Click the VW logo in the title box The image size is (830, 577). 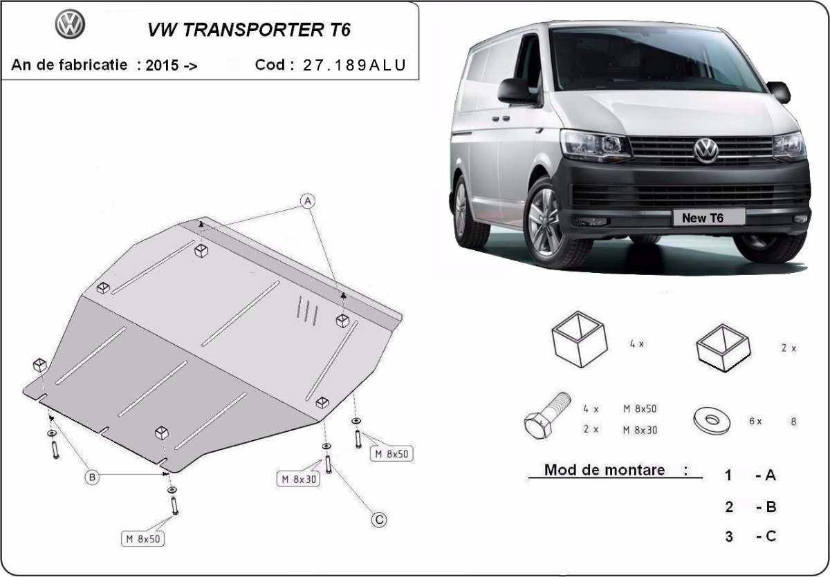pos(70,26)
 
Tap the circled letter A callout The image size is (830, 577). pos(307,201)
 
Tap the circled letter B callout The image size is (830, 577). pos(93,476)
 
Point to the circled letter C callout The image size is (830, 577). pos(378,519)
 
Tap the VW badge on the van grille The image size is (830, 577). pos(706,150)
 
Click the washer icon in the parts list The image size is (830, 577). pos(710,419)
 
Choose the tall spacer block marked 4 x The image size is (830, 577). pos(580,338)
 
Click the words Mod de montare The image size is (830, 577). pos(605,470)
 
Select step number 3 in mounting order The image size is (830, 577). pos(729,536)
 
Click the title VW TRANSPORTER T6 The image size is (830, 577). pos(249,30)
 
